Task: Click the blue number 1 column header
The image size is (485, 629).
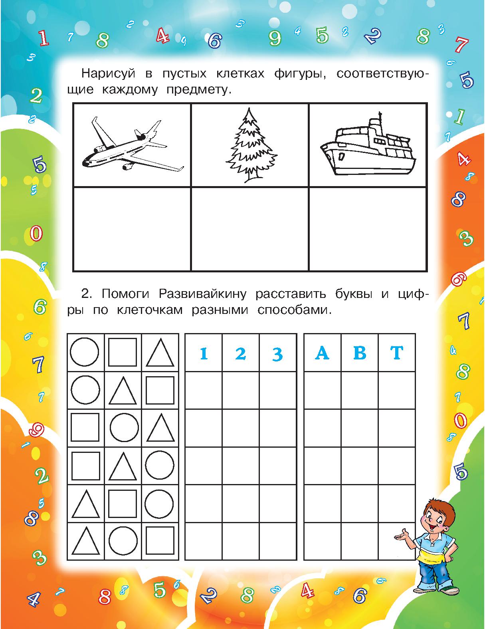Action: [x=204, y=353]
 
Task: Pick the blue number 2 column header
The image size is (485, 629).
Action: [x=240, y=353]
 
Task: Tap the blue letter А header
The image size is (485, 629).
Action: [x=322, y=353]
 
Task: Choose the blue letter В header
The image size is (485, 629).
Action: [x=359, y=353]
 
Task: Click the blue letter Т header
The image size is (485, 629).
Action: [x=396, y=353]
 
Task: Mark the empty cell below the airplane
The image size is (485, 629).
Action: [x=132, y=229]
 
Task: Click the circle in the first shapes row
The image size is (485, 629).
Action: [x=85, y=352]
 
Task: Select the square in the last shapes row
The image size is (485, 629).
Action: [x=160, y=541]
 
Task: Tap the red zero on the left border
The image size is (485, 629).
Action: [x=36, y=233]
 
